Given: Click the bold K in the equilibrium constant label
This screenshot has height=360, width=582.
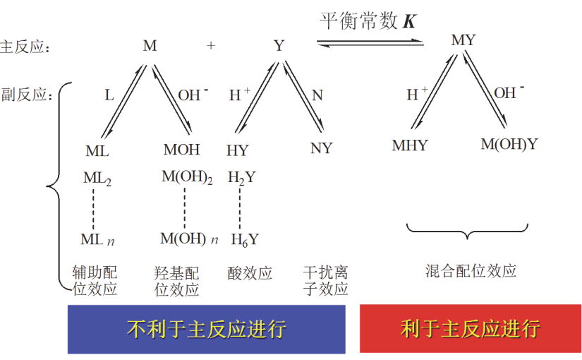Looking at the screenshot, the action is (410, 21).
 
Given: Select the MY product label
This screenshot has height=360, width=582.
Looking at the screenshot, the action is (463, 40).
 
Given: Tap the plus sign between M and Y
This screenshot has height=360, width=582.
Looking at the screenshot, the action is (211, 45).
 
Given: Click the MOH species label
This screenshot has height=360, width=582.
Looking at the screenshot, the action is (181, 150).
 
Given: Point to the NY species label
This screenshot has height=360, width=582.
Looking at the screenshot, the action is (322, 148).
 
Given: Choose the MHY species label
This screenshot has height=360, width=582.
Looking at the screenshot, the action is (410, 145).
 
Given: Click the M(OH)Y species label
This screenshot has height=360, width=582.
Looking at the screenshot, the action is (509, 144).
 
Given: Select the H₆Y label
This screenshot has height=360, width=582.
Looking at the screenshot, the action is (245, 239).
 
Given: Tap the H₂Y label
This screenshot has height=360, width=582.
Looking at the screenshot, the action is (242, 178).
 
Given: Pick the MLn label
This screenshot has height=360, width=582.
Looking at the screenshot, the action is (97, 239).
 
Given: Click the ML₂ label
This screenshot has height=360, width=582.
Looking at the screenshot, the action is (97, 179).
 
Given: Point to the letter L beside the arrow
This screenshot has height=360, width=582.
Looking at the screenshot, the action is (109, 95).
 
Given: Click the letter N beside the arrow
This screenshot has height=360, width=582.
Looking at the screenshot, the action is (317, 95).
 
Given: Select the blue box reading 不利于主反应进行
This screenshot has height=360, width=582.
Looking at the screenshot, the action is (207, 329).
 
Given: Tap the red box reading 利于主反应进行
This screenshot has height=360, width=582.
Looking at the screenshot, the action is (471, 328).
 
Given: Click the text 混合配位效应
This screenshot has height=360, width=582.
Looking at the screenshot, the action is (471, 271).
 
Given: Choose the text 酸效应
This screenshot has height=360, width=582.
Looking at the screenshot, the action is (250, 273).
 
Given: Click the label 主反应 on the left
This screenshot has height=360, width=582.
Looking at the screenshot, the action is (23, 47).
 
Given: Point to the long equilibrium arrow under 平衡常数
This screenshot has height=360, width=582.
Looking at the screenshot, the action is (370, 43).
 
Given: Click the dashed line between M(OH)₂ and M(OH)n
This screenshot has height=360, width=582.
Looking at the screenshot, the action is (184, 208).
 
